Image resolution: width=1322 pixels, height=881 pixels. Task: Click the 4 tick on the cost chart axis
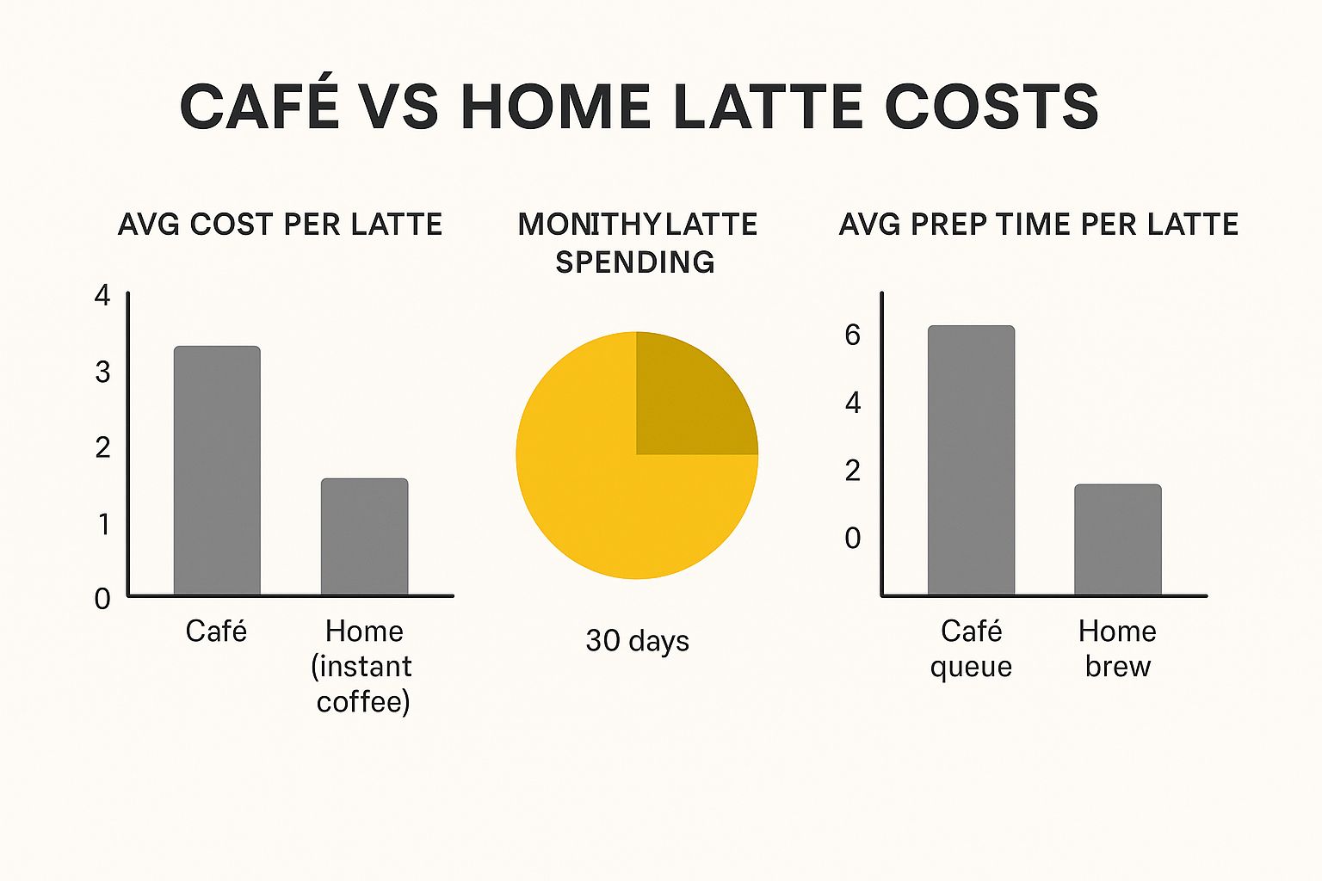click(102, 296)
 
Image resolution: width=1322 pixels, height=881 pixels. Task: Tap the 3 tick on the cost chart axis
click(102, 372)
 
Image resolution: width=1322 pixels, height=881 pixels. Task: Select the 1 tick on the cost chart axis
click(103, 523)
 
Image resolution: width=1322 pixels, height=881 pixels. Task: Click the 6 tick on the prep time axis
click(852, 335)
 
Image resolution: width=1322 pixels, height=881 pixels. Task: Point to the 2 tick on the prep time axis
click(852, 470)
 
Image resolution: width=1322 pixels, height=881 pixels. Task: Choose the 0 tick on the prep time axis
click(852, 538)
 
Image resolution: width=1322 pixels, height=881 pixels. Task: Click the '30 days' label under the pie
click(637, 641)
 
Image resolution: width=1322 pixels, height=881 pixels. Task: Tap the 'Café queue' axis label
click(971, 649)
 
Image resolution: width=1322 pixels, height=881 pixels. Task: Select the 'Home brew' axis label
click(1117, 649)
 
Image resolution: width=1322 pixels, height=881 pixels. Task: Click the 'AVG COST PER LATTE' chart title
click(280, 225)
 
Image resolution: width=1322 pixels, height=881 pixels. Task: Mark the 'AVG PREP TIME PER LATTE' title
click(1038, 225)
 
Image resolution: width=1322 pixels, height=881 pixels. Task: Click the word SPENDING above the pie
click(635, 262)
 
